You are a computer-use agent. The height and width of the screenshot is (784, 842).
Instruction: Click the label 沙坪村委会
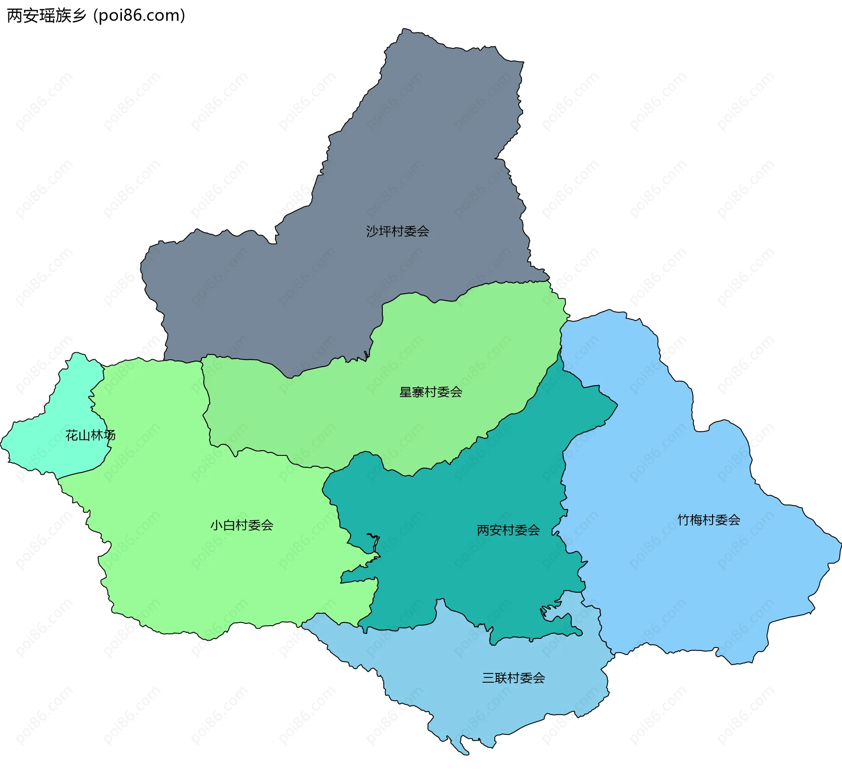pyautogui.click(x=397, y=231)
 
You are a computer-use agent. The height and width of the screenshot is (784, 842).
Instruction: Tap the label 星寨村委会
pyautogui.click(x=431, y=392)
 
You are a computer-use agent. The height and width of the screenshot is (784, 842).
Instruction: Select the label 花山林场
pyautogui.click(x=90, y=435)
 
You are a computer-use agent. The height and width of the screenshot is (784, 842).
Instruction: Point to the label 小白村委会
pyautogui.click(x=242, y=525)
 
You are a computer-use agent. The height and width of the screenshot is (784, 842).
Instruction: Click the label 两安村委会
pyautogui.click(x=508, y=530)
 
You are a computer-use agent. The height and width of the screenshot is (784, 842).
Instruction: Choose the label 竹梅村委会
pyautogui.click(x=709, y=520)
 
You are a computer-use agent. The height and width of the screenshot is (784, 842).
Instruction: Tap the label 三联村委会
pyautogui.click(x=514, y=678)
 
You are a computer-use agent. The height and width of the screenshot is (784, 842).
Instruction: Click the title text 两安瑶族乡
pyautogui.click(x=46, y=16)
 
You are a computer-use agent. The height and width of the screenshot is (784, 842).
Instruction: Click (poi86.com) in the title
pyautogui.click(x=139, y=16)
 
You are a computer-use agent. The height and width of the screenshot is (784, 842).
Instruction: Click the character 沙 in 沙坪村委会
pyautogui.click(x=372, y=231)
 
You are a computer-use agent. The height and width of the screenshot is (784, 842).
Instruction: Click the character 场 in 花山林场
pyautogui.click(x=110, y=435)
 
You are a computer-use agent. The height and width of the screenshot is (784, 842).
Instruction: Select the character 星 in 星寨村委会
pyautogui.click(x=406, y=392)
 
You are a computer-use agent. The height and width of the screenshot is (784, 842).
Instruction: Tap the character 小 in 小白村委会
pyautogui.click(x=217, y=525)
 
